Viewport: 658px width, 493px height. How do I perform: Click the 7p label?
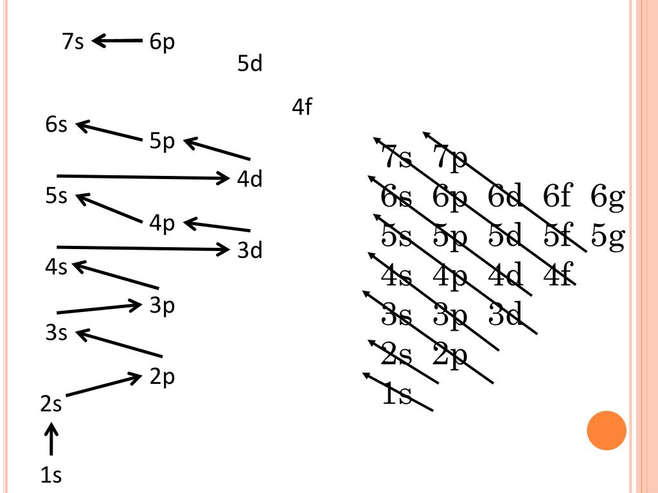coord(450,159)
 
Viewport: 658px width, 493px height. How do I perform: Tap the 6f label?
coord(557,197)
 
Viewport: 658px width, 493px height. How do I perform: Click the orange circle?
coord(607,430)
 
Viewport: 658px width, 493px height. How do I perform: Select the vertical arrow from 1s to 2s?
coord(51,438)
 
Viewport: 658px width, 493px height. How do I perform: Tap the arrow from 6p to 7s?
coord(118,42)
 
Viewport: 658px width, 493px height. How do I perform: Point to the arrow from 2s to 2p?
coord(103,385)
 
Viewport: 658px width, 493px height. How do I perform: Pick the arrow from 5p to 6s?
coord(109,131)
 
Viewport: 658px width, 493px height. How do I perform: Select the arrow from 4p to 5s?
coord(109,209)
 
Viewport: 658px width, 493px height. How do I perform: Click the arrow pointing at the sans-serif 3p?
coord(99,309)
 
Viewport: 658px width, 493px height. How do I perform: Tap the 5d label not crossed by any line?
coord(250,64)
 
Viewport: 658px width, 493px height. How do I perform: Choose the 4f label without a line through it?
coord(301,107)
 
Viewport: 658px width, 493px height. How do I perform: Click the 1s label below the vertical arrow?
coord(51,476)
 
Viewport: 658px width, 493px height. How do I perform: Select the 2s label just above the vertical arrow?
coord(51,405)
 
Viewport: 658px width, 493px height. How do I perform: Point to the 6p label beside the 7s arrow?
coord(162,43)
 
